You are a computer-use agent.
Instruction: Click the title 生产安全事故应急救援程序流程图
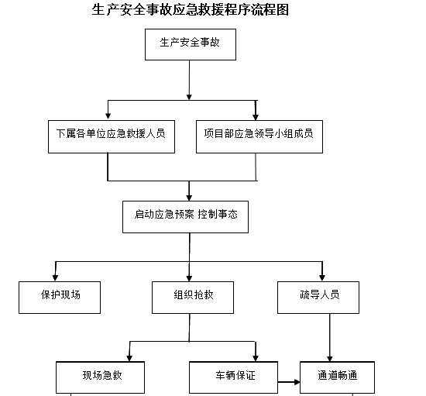pyautogui.click(x=190, y=11)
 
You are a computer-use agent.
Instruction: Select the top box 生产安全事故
pyautogui.click(x=190, y=44)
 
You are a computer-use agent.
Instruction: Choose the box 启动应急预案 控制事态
pyautogui.click(x=185, y=217)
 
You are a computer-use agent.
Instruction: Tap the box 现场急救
pyautogui.click(x=101, y=377)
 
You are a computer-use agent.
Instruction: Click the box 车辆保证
pyautogui.click(x=235, y=377)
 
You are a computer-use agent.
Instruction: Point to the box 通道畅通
pyautogui.click(x=337, y=377)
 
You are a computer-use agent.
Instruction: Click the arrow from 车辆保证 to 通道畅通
pyautogui.click(x=289, y=381)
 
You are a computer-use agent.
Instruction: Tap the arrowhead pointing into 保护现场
pyautogui.click(x=53, y=276)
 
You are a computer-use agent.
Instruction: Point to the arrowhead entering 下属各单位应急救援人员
pyautogui.click(x=108, y=115)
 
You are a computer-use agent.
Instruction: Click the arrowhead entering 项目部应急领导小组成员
pyautogui.click(x=256, y=115)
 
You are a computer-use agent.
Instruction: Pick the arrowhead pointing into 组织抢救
pyautogui.click(x=190, y=276)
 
